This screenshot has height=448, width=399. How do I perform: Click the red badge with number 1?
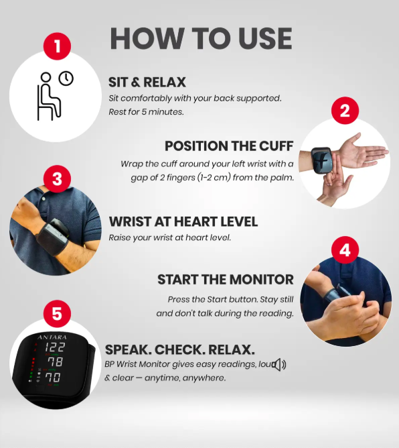click(57, 46)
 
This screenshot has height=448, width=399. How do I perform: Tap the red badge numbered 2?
click(345, 110)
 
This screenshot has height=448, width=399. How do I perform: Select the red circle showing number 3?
click(57, 179)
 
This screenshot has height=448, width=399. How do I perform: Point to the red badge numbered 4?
click(345, 249)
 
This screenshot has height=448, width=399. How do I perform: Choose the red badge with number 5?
click(57, 313)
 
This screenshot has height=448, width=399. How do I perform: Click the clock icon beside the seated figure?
click(66, 78)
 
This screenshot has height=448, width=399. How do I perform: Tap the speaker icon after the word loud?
click(279, 365)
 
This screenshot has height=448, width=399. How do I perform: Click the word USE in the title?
click(265, 39)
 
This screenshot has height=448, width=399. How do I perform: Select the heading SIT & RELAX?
click(147, 82)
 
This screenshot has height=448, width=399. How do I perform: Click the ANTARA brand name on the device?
click(52, 337)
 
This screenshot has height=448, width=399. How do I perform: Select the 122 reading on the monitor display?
click(55, 347)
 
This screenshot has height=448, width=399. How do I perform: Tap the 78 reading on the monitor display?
click(55, 361)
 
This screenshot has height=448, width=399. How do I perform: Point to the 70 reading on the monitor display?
click(53, 378)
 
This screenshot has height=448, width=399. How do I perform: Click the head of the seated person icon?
click(46, 77)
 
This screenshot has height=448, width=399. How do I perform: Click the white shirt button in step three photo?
click(44, 199)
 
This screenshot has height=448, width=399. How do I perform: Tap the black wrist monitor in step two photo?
click(322, 160)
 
